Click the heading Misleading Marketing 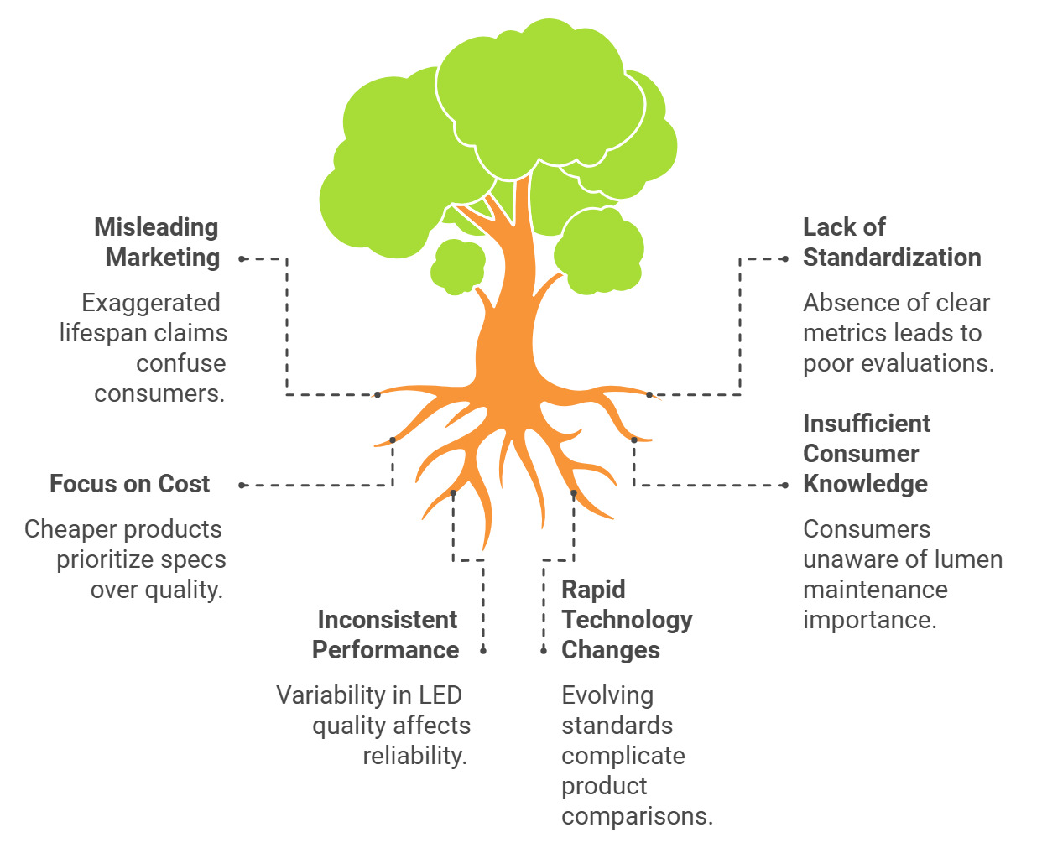[x=158, y=242]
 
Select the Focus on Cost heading [x=130, y=484]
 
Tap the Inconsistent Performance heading [x=386, y=635]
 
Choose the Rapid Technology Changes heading [x=626, y=620]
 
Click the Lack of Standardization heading [x=891, y=242]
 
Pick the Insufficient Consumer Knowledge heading [x=866, y=454]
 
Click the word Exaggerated [x=151, y=303]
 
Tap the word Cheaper [x=66, y=529]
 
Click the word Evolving [x=607, y=695]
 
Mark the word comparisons [x=637, y=816]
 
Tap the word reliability [x=414, y=756]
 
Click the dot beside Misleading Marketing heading [x=242, y=259]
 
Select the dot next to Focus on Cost [x=242, y=485]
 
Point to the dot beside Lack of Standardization [x=784, y=259]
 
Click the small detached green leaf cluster [x=458, y=267]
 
